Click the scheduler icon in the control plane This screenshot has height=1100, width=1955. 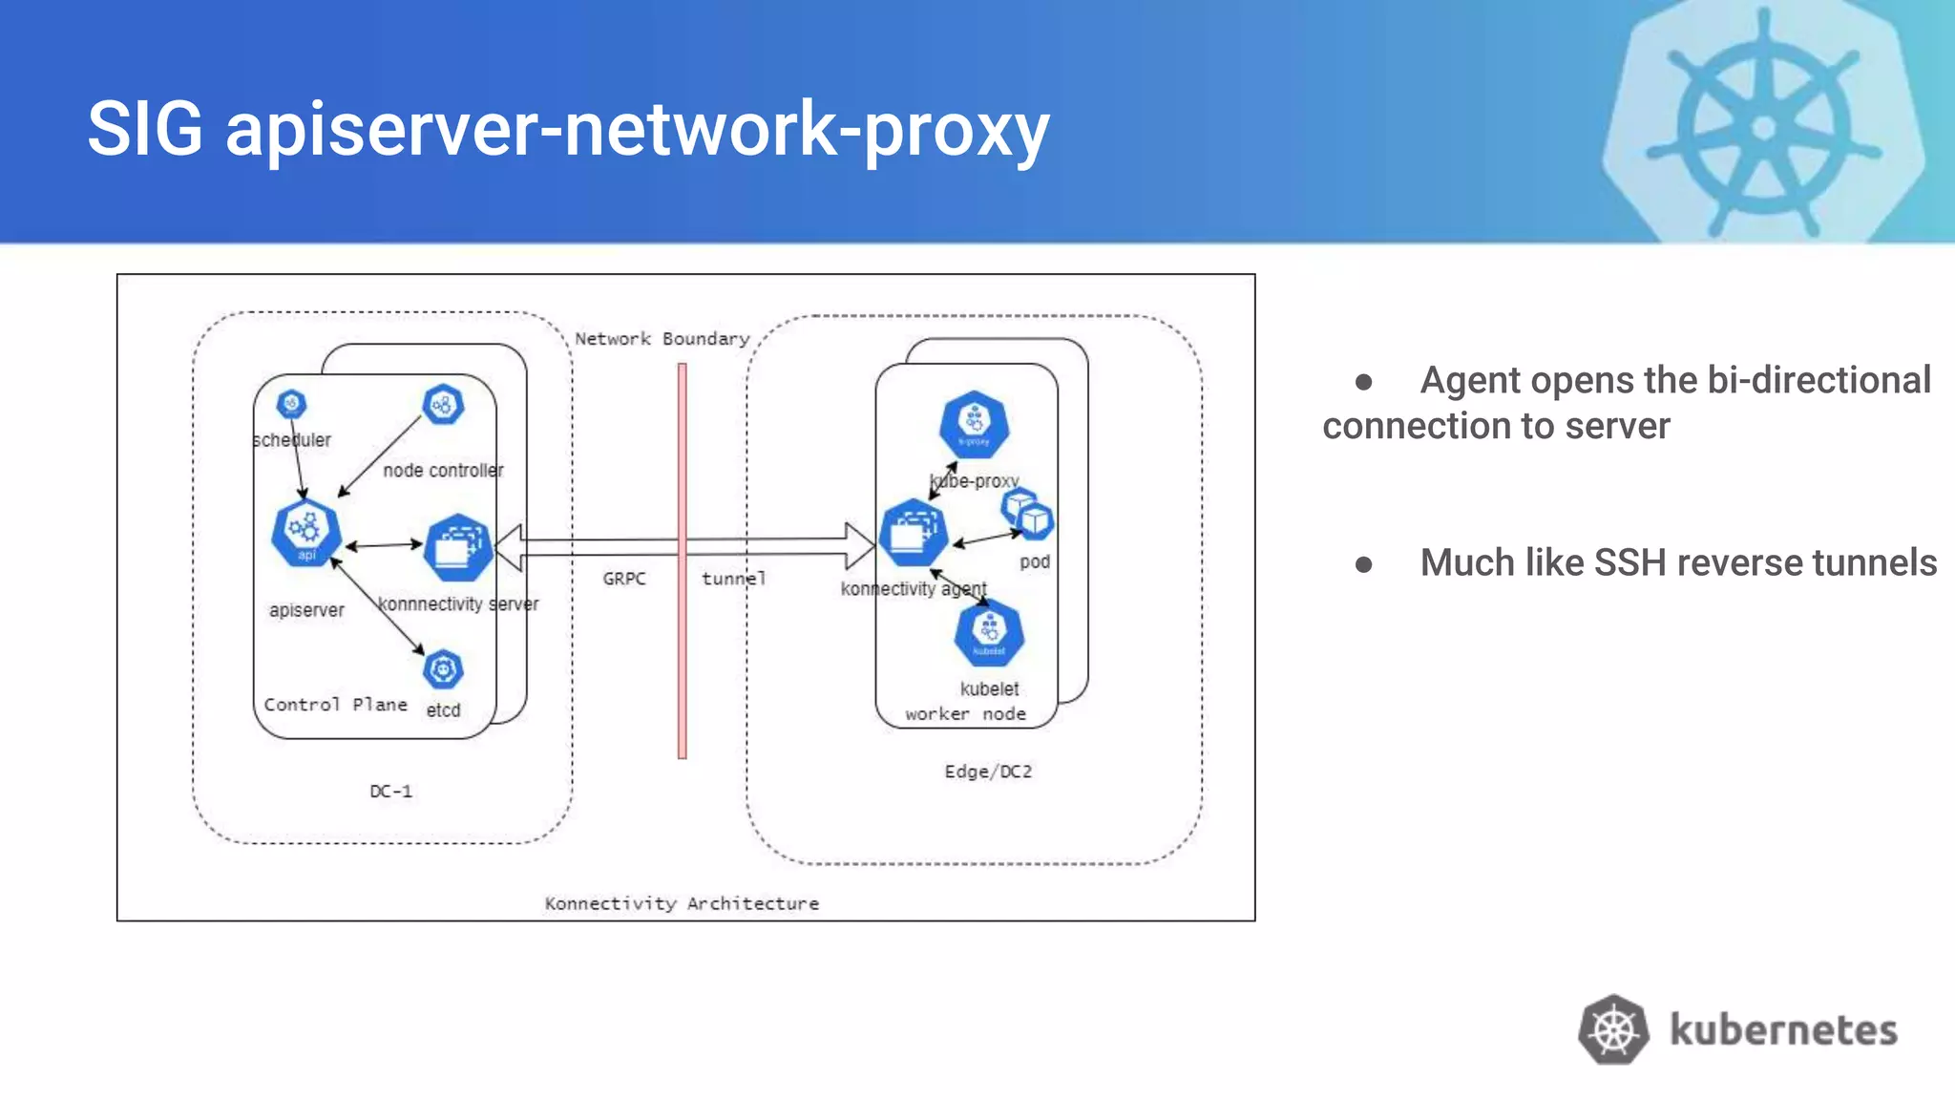click(291, 404)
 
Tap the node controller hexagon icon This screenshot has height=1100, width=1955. click(443, 405)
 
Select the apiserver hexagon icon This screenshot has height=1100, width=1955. click(306, 532)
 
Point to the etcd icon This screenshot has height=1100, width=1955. click(443, 670)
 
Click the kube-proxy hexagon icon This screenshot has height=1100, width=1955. click(974, 424)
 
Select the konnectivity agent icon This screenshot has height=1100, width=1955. click(914, 533)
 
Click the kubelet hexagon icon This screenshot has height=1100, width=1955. click(989, 633)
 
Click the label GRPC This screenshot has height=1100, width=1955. click(624, 579)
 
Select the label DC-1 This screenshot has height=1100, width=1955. click(390, 792)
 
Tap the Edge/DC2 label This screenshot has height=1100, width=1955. click(988, 772)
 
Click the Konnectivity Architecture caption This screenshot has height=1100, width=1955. click(682, 903)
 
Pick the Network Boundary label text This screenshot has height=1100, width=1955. click(662, 339)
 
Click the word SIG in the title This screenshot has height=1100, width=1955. click(145, 129)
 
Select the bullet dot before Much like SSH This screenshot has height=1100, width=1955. click(1364, 564)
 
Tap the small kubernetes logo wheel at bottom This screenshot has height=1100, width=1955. click(1613, 1030)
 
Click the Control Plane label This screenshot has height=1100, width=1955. click(335, 705)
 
